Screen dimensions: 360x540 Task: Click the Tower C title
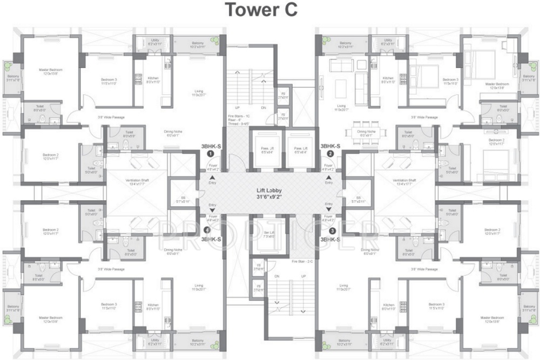261,10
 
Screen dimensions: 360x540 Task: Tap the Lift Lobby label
270,191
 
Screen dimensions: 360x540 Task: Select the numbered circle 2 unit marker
329,153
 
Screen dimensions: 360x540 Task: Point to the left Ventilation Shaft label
136,181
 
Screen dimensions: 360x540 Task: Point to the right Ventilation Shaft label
404,181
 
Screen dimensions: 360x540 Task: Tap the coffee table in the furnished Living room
341,86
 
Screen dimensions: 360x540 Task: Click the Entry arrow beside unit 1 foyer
212,178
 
